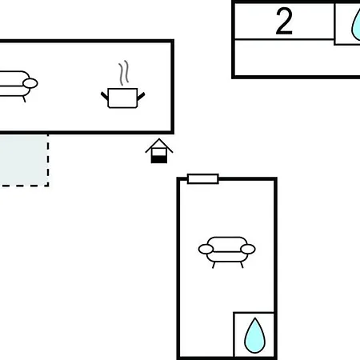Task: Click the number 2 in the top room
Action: [x=284, y=22]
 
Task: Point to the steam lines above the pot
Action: [x=124, y=73]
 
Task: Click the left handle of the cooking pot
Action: [x=105, y=96]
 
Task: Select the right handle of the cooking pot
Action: [x=141, y=96]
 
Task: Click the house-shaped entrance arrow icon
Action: [x=159, y=151]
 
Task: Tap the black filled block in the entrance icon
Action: [x=159, y=160]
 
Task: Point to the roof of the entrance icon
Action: [x=159, y=146]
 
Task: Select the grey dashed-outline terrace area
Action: [x=24, y=160]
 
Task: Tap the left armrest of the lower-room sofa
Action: [x=206, y=250]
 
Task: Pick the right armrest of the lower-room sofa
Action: [x=248, y=250]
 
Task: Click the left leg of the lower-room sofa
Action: [x=214, y=265]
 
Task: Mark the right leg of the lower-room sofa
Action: [x=242, y=265]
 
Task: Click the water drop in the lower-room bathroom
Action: [x=255, y=335]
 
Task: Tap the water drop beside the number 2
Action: [x=356, y=26]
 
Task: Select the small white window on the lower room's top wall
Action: [x=203, y=179]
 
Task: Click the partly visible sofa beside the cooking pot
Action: [x=18, y=86]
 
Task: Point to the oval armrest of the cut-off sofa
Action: [x=30, y=83]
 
